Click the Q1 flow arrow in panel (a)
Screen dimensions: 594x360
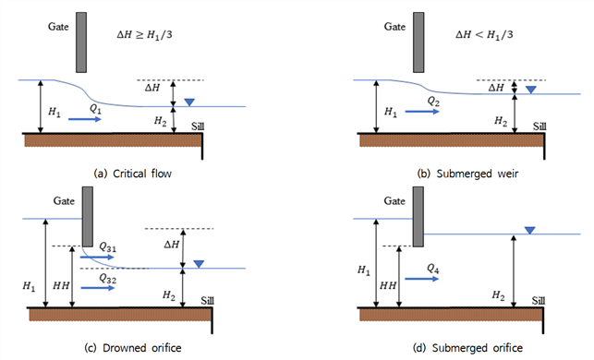[85, 119]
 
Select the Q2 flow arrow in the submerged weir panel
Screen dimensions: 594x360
[422, 112]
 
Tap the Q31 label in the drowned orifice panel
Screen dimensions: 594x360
[107, 247]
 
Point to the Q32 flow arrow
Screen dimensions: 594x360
[97, 288]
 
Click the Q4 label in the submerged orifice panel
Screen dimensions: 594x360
[433, 269]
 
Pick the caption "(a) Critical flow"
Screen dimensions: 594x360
[133, 174]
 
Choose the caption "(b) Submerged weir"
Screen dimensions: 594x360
[467, 174]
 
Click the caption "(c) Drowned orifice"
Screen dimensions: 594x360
[133, 348]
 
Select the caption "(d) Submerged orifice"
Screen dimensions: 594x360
[467, 348]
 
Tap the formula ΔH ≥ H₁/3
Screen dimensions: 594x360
[144, 35]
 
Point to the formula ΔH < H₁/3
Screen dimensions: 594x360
[484, 35]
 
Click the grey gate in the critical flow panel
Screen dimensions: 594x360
[81, 42]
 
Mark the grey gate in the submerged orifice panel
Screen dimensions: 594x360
[418, 217]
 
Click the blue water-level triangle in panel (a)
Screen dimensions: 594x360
[189, 102]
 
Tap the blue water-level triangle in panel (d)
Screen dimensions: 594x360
[529, 230]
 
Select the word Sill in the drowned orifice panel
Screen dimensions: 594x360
[207, 301]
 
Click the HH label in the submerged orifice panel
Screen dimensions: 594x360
[388, 285]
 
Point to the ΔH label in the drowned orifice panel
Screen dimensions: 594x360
[172, 245]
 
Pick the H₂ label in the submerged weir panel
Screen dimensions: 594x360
[501, 121]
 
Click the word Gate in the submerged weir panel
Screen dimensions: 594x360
[394, 27]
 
